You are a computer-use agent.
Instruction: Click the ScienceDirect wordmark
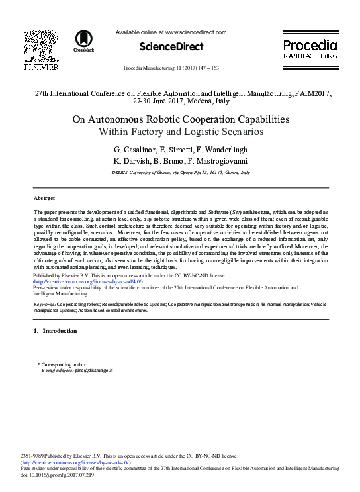pos(171,46)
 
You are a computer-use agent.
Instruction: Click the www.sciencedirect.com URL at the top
pos(195,32)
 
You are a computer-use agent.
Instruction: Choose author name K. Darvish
pos(132,160)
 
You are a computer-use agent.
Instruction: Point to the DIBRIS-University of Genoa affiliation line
pos(180,172)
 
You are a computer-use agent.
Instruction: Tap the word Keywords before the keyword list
pos(44,303)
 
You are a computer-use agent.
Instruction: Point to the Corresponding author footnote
pos(63,365)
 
